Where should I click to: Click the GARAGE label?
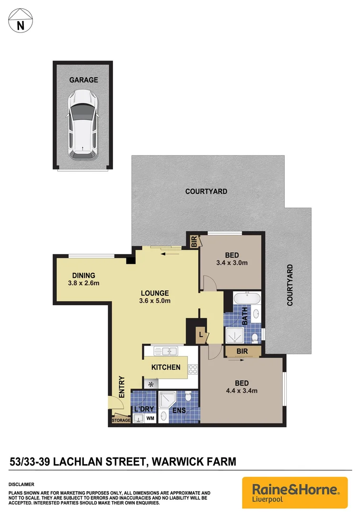[83, 80]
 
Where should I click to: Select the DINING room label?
[84, 275]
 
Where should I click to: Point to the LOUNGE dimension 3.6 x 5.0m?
[155, 300]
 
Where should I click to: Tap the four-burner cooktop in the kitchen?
[193, 369]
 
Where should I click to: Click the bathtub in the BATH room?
[247, 300]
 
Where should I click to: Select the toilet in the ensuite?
[188, 397]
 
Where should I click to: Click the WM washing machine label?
[150, 418]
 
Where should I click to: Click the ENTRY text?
[121, 387]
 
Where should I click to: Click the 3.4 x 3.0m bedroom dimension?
[232, 263]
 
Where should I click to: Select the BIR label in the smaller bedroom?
[194, 242]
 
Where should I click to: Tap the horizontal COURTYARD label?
[206, 191]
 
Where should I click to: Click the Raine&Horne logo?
[295, 492]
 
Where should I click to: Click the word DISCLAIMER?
[21, 484]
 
